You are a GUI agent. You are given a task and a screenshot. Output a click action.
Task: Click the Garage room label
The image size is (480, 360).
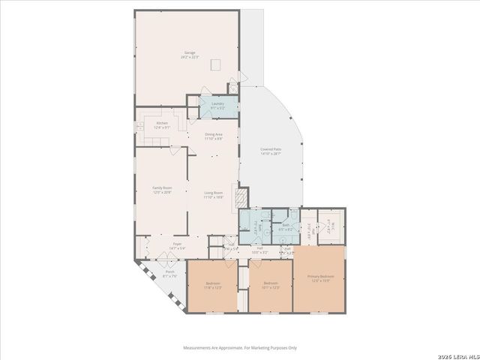(x=190, y=52)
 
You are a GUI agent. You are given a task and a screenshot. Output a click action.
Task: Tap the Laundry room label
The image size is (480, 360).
(x=218, y=103)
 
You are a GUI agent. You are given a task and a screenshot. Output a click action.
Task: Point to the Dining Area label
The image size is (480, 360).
(x=214, y=134)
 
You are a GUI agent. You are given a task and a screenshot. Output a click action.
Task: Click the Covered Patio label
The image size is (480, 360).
(x=271, y=149)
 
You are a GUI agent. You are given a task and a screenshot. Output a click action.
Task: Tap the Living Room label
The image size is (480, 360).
(x=214, y=193)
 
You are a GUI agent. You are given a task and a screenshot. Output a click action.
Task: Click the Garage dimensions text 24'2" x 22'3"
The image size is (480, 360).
(x=190, y=57)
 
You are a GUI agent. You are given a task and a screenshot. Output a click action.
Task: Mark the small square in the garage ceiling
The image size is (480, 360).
(x=216, y=63)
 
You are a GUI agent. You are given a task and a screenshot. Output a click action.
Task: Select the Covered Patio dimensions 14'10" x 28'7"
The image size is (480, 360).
(x=271, y=154)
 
